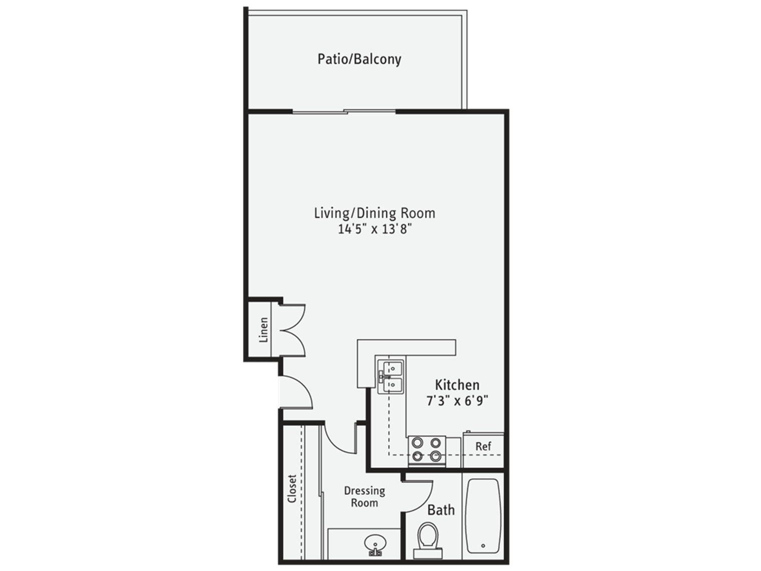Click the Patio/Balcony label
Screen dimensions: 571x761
pos(359,59)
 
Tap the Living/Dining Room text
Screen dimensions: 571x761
pos(374,213)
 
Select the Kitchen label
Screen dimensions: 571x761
pos(457,385)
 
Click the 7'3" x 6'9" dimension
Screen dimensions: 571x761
pos(457,401)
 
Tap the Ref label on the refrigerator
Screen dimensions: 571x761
pos(483,446)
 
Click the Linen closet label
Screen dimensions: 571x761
pos(264,330)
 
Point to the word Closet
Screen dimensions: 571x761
pos(292,489)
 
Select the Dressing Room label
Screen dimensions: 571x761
pos(364,496)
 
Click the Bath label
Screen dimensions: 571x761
pos(441,510)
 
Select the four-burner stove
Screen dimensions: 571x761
pos(427,450)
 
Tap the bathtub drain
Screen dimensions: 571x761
pos(483,545)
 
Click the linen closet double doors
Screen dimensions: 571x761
pos(293,330)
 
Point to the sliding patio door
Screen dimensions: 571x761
pos(344,111)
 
